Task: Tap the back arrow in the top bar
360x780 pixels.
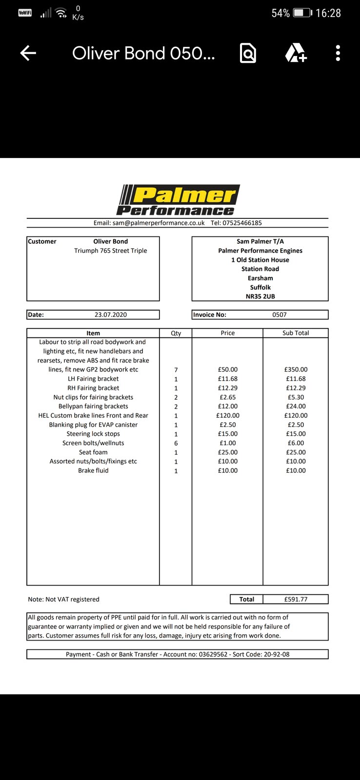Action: tap(28, 53)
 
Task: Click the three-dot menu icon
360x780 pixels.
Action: tap(338, 53)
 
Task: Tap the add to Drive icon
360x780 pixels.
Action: tap(296, 53)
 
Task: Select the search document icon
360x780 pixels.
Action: tap(248, 53)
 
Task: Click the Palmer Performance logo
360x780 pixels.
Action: tap(178, 200)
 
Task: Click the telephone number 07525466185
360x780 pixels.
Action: tap(242, 223)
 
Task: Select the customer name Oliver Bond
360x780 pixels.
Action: tap(111, 241)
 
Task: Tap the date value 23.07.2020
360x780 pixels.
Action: tap(111, 315)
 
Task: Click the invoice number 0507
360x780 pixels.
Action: tap(280, 315)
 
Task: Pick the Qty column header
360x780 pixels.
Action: tap(176, 333)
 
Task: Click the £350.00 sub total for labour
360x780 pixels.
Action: tap(296, 370)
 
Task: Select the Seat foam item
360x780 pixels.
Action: tap(93, 452)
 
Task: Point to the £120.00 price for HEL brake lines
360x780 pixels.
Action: tap(228, 415)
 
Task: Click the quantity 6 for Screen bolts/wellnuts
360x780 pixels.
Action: tap(176, 443)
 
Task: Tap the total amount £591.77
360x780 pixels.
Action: tap(296, 599)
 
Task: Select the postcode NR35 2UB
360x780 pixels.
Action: tap(260, 296)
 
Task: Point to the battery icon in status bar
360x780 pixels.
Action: tap(302, 13)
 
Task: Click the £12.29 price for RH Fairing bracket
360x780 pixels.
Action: tap(228, 388)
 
